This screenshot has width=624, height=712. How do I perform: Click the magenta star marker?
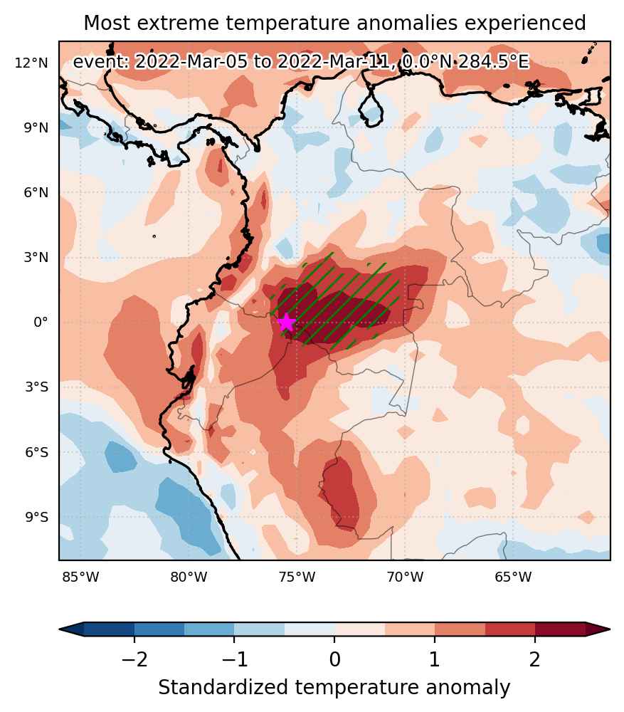286,323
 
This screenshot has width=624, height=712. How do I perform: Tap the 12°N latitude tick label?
31,63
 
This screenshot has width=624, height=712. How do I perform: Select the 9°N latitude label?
36,128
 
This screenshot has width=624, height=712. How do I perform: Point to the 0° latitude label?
41,323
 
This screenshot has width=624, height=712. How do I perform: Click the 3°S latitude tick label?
37,387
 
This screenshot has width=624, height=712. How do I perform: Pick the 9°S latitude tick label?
37,517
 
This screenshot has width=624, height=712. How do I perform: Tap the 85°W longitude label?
80,577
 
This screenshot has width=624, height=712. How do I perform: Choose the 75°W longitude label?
297,577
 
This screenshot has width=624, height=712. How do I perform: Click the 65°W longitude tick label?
513,577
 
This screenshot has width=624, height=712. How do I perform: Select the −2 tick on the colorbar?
134,659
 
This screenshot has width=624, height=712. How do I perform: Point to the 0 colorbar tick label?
334,659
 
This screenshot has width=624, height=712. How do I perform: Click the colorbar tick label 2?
534,659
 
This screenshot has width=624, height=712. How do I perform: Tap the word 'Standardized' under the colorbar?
223,688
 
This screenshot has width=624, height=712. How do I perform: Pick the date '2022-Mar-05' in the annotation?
191,61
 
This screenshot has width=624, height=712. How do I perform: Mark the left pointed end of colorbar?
60,629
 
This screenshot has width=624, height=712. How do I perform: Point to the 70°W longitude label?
405,577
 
